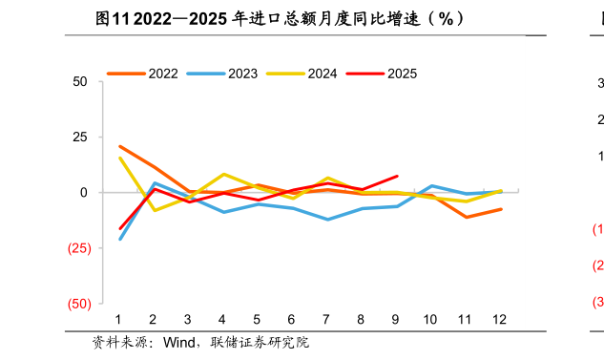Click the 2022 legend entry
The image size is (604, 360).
(x=142, y=74)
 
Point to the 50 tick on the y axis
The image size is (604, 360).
(x=80, y=82)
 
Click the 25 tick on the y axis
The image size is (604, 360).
(x=80, y=138)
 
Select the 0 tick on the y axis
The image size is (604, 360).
(x=84, y=193)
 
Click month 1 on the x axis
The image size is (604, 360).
(x=119, y=319)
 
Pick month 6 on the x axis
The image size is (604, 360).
(x=292, y=319)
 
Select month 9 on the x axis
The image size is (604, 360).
(x=396, y=319)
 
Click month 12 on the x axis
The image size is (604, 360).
(x=500, y=319)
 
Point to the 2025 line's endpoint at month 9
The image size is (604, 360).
(x=397, y=176)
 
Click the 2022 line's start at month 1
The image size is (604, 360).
(x=119, y=146)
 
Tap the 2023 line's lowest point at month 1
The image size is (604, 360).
(x=119, y=239)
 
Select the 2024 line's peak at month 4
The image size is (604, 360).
(x=223, y=174)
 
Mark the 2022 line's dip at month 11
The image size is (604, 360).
(x=466, y=217)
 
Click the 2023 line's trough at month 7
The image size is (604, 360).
(x=327, y=220)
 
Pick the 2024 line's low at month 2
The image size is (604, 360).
(x=155, y=210)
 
